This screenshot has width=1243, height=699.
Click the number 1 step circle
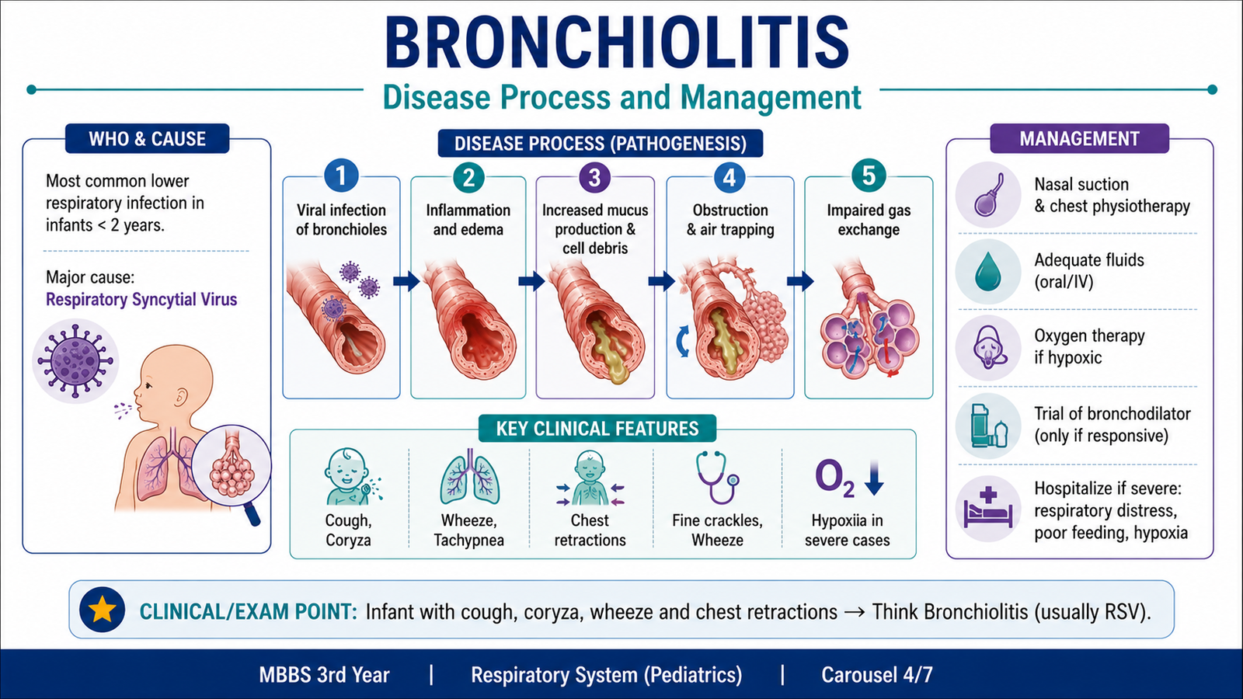(x=341, y=176)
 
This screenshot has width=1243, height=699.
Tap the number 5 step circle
(x=869, y=176)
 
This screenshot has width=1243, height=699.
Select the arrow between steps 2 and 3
(x=531, y=281)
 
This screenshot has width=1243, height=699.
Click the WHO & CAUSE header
(x=147, y=139)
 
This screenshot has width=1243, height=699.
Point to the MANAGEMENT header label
(x=1079, y=139)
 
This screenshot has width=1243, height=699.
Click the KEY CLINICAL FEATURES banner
(x=597, y=429)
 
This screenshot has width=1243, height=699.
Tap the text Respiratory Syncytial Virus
(x=141, y=300)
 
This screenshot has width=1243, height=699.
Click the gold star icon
(x=102, y=610)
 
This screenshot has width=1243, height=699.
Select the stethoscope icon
(x=718, y=477)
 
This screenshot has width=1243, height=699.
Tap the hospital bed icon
(x=988, y=508)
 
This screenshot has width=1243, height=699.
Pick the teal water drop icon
(x=987, y=271)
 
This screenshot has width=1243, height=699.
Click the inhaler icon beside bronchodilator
(x=988, y=426)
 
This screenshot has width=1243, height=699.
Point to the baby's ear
(x=181, y=397)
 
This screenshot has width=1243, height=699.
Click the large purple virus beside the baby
(x=75, y=360)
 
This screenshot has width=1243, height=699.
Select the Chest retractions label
(x=590, y=530)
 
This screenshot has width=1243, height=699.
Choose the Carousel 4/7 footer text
(x=877, y=675)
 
